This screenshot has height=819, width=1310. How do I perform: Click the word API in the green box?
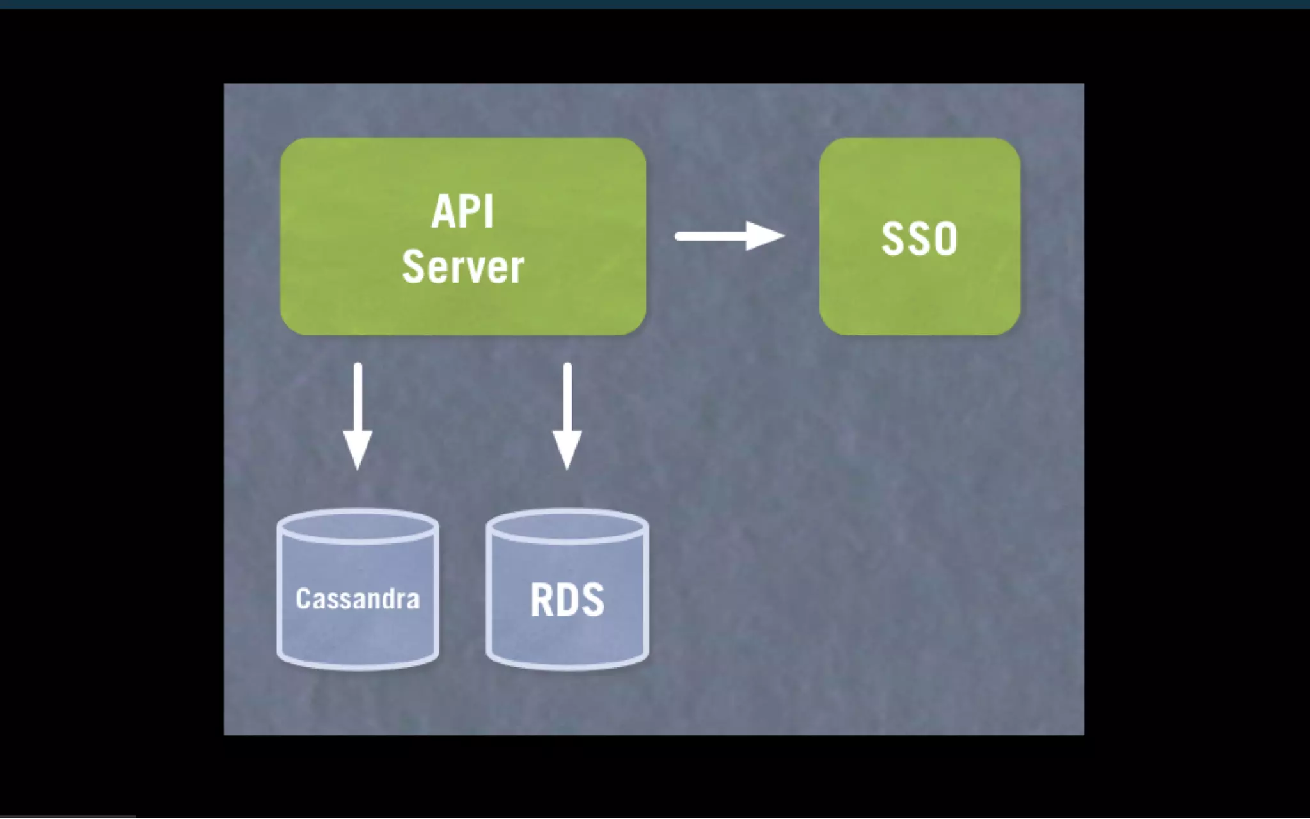462,212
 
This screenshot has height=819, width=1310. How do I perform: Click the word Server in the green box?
462,267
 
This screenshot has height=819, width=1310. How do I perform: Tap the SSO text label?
919,239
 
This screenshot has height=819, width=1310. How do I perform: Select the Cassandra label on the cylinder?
358,599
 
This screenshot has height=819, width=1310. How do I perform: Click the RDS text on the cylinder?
567,600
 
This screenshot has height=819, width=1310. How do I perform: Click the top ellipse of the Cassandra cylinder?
358,527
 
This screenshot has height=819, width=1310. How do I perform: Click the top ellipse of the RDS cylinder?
567,527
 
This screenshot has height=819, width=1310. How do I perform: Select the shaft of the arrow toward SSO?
710,236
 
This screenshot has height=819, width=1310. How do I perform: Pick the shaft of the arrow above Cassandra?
358,397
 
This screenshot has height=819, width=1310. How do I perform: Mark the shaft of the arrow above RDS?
567,397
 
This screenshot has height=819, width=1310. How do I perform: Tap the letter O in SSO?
945,239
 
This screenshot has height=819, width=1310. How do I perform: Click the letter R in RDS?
541,600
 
